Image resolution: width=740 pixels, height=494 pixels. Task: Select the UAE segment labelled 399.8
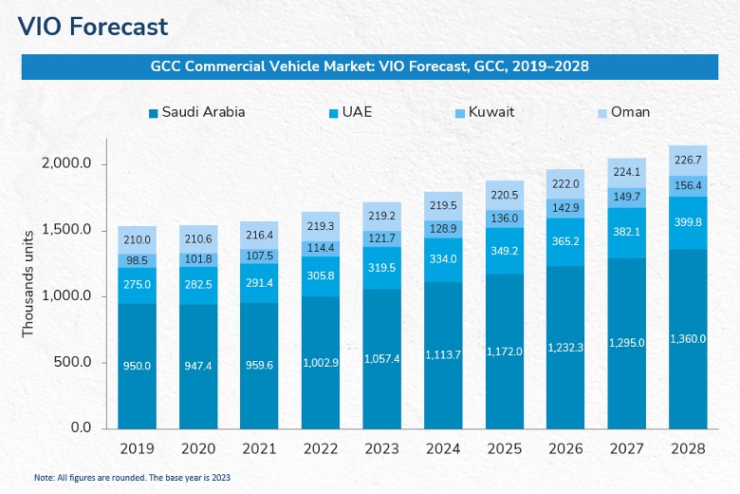[688, 222]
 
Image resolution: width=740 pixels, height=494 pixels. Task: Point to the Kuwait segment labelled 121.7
[382, 237]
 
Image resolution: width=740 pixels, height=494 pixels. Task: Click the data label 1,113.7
[443, 355]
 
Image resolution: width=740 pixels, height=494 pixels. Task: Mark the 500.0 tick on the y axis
[72, 362]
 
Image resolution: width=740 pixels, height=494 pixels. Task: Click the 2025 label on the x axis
[504, 448]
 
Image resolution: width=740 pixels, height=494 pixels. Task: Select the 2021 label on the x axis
[260, 448]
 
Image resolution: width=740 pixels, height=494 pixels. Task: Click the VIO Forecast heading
[92, 27]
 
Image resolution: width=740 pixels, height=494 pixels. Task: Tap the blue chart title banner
[370, 66]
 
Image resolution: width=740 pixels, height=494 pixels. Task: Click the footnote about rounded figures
[133, 477]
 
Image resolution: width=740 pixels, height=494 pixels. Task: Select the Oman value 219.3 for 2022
[321, 227]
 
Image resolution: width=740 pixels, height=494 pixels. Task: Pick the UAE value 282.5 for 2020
[199, 284]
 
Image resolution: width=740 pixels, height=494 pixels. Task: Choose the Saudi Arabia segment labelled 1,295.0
[627, 342]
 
